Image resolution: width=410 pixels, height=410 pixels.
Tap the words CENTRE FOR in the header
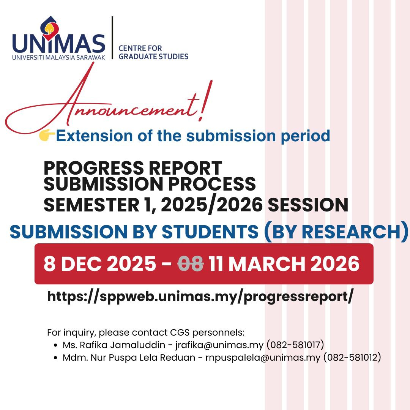(140, 48)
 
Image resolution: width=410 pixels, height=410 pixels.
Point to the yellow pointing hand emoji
(47, 136)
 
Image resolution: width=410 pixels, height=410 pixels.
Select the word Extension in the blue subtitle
(95, 136)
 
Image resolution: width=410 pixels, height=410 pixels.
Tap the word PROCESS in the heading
(212, 184)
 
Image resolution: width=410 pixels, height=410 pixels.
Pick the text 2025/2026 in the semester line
(211, 205)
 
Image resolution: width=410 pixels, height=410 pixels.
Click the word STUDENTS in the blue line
(210, 232)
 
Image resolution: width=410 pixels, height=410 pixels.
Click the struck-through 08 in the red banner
(191, 263)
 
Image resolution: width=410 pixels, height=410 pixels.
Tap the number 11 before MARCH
(216, 263)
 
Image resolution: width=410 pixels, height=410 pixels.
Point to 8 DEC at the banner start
(73, 263)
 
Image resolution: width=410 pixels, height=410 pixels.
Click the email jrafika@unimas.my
(219, 345)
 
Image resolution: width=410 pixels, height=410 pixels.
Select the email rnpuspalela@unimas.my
(263, 358)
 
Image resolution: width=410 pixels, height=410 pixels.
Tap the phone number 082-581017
(295, 345)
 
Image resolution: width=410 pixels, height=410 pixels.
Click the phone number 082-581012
(352, 358)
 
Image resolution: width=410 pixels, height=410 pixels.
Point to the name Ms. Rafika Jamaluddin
(114, 345)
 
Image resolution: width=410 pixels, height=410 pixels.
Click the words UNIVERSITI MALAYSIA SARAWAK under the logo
(58, 58)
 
